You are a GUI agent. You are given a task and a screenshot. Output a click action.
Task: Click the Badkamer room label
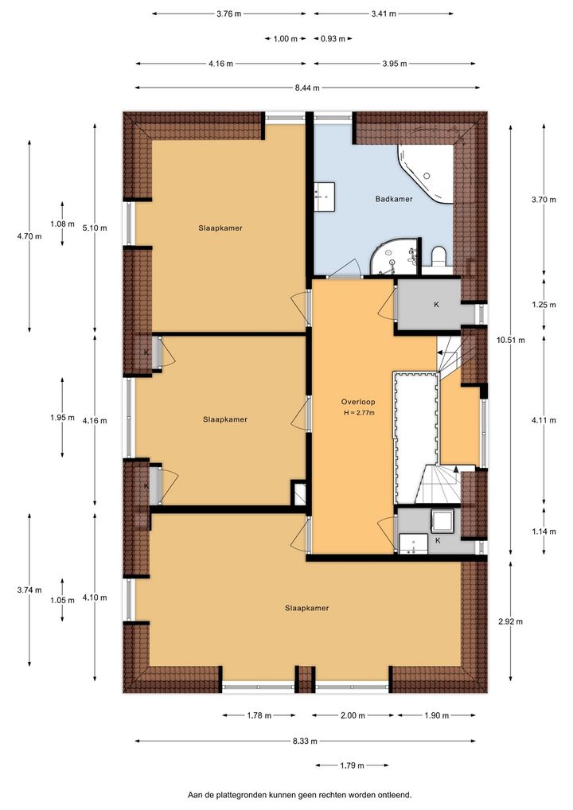[394, 199]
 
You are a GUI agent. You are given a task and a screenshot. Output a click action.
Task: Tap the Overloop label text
[358, 402]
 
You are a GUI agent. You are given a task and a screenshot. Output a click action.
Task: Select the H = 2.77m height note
[359, 413]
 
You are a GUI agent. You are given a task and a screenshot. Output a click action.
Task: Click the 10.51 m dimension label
[512, 340]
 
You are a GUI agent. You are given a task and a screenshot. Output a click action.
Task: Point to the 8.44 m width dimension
[307, 88]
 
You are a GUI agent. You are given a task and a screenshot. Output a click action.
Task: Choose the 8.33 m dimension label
[305, 742]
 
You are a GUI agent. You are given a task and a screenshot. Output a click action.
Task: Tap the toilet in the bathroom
[439, 256]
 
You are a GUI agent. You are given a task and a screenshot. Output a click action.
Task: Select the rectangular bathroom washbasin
[325, 197]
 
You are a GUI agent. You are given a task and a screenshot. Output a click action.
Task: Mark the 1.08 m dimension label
[63, 224]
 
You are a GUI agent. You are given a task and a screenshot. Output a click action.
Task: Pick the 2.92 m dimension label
[510, 621]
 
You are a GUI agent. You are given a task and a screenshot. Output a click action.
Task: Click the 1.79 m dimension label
[353, 765]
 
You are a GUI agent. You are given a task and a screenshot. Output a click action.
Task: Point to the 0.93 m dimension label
[333, 39]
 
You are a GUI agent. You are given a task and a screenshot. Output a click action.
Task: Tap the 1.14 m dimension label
[544, 532]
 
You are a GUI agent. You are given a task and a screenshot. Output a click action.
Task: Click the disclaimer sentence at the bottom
[300, 795]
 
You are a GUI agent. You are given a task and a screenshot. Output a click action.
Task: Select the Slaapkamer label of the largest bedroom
[307, 609]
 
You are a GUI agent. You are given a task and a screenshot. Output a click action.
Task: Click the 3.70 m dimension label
[544, 200]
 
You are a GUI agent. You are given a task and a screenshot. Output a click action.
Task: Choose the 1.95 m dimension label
[63, 418]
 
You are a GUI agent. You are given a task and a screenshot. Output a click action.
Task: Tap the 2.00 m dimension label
[353, 715]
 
